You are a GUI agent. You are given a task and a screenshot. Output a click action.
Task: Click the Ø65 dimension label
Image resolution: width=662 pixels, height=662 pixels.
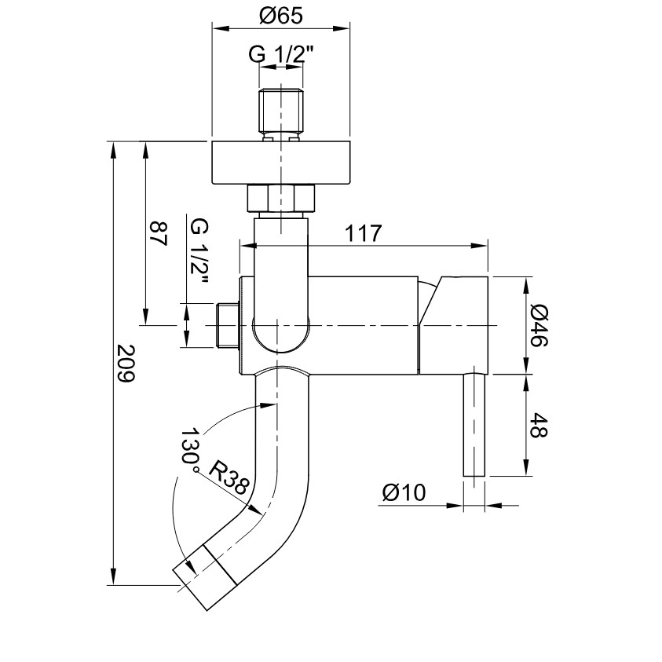click(x=280, y=16)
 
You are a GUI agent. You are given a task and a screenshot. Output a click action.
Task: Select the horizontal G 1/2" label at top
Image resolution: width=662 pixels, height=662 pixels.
click(x=281, y=54)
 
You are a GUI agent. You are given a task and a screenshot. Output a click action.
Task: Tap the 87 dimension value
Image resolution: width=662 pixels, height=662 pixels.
click(x=159, y=234)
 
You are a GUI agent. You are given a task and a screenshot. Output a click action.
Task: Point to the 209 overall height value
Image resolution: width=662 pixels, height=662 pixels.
click(x=126, y=364)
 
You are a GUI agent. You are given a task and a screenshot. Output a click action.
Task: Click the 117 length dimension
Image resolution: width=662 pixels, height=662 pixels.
click(x=363, y=233)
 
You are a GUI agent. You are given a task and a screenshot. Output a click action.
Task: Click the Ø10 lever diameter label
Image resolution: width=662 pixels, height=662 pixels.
click(x=404, y=492)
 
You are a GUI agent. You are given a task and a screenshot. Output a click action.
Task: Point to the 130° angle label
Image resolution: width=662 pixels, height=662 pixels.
click(x=189, y=451)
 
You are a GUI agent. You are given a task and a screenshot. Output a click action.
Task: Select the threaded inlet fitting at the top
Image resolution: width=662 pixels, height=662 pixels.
click(x=281, y=114)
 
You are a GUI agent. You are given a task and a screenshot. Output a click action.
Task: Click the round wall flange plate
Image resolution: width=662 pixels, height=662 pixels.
click(x=281, y=163)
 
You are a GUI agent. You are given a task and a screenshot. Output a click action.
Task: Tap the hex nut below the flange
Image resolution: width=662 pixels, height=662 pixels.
click(x=281, y=198)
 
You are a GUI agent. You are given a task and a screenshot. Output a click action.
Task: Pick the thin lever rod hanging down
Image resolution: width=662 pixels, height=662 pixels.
click(x=474, y=425)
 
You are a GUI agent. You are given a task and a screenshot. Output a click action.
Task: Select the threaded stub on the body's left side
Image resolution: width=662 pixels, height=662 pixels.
click(x=227, y=326)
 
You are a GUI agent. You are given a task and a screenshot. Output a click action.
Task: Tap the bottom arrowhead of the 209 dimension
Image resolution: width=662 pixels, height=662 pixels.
click(x=113, y=576)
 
